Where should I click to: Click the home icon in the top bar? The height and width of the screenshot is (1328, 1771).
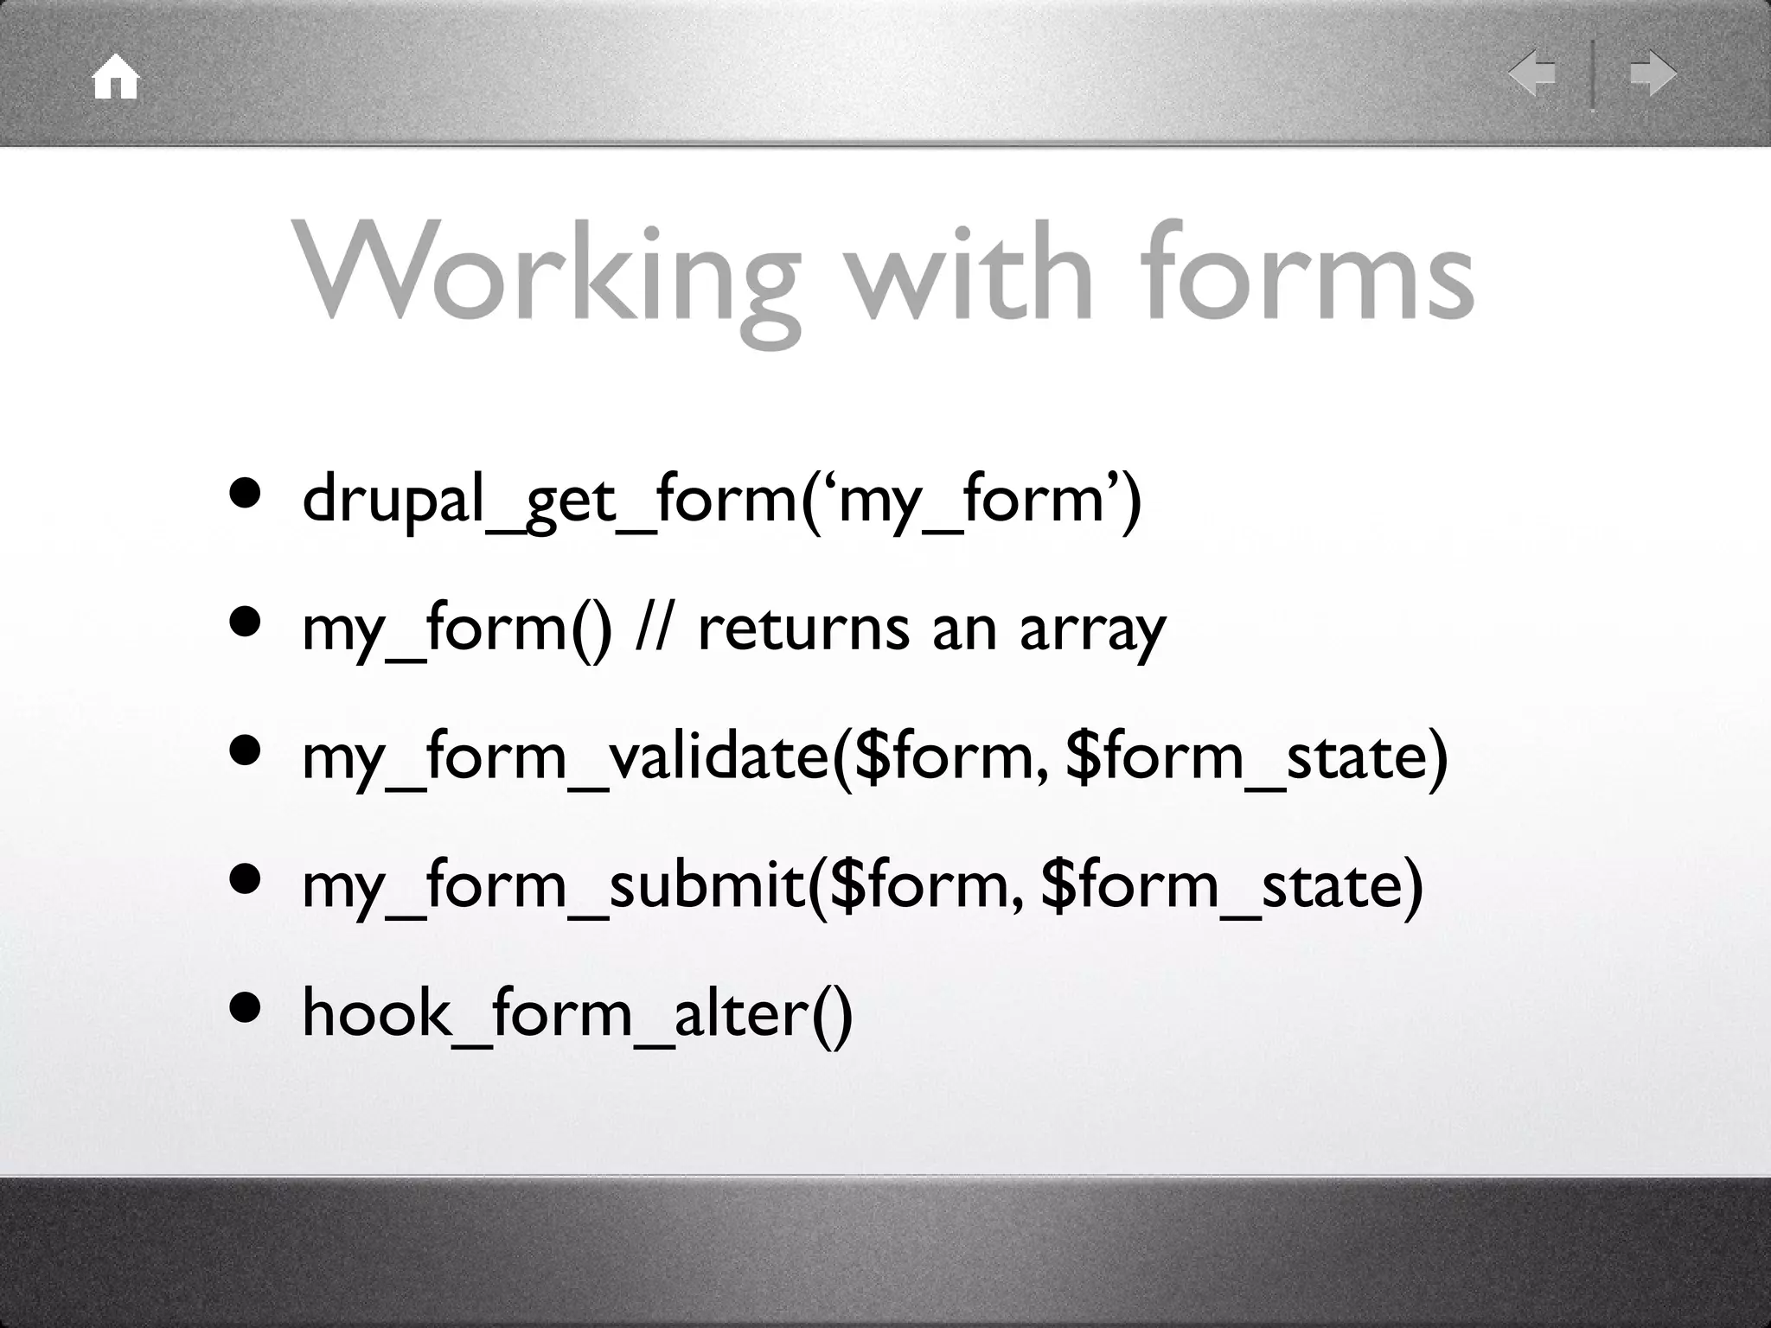116,78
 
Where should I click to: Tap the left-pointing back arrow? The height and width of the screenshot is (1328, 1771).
1532,73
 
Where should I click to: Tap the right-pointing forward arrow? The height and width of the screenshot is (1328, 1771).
1653,73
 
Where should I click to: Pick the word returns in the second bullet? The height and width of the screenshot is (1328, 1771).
803,629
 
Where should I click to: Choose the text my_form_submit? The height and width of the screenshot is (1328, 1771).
553,885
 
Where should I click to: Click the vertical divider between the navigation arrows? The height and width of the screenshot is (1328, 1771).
1593,74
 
